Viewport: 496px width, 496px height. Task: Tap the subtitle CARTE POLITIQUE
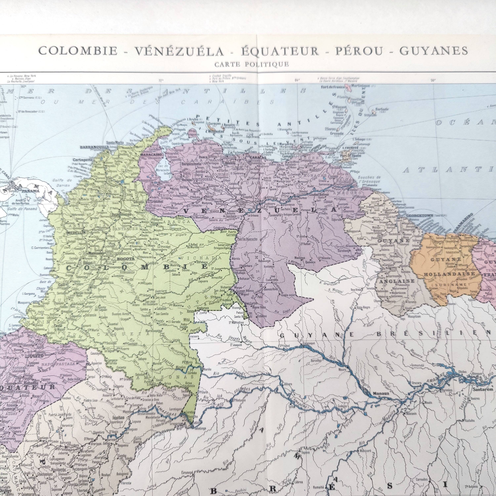pyautogui.click(x=252, y=64)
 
